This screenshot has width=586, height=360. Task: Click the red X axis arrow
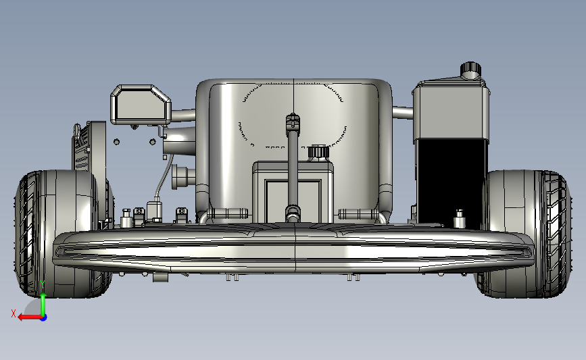pos(30,317)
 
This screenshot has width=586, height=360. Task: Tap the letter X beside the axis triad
pos(14,313)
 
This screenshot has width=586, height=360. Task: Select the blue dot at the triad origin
pos(44,318)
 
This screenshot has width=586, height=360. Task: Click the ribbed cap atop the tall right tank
pos(470,69)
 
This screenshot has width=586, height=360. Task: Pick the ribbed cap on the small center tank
pos(318,151)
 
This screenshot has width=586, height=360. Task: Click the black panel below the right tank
pos(450,183)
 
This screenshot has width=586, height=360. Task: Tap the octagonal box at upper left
pos(141,105)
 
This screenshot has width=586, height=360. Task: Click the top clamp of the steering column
pos(293,121)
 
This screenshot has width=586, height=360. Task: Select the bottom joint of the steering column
pos(293,213)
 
